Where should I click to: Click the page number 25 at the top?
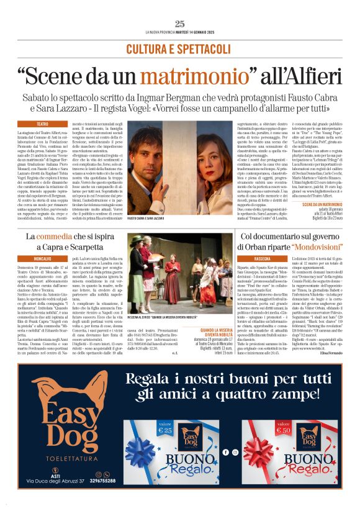tap(180, 24)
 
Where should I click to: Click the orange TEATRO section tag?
tap(42, 124)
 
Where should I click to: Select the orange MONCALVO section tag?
tap(42, 258)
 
